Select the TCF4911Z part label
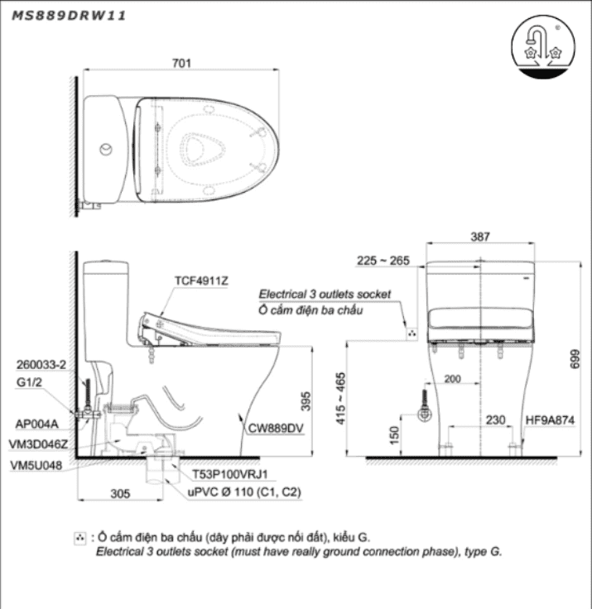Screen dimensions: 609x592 (x=200, y=281)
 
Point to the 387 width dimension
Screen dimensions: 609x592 (x=480, y=237)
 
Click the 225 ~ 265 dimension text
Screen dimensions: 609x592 (x=383, y=261)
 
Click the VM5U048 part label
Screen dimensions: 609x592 (x=36, y=464)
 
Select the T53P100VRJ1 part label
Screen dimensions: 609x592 (x=228, y=475)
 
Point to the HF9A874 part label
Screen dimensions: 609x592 (x=550, y=421)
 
